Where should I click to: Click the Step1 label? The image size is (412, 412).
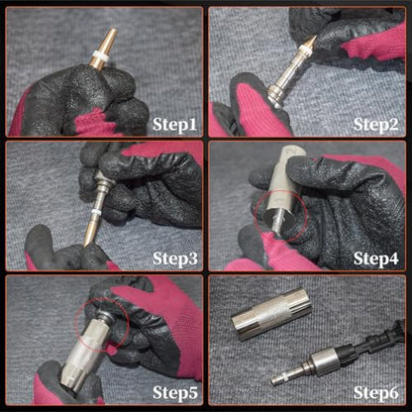coord(174,125)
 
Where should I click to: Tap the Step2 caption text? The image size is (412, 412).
coord(375,125)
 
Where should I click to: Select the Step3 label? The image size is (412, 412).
coord(175,258)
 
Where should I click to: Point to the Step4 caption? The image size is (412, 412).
coord(376,258)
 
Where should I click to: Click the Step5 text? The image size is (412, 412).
coord(175,393)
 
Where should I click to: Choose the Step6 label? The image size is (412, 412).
coord(376,393)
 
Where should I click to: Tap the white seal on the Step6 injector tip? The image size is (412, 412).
coord(284,376)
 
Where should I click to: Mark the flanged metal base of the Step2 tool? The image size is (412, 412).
coord(275,95)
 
